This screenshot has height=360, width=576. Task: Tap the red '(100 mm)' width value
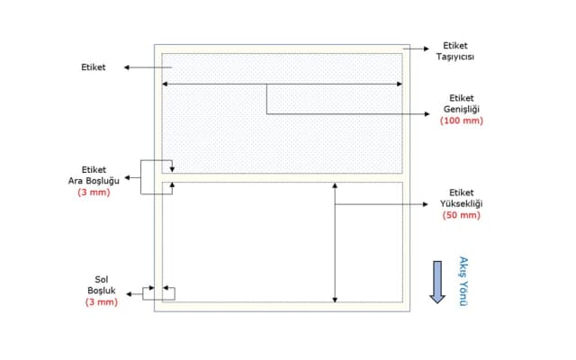click(x=462, y=121)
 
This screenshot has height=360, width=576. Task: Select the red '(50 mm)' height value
click(x=462, y=216)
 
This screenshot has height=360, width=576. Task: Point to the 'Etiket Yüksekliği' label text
click(x=462, y=198)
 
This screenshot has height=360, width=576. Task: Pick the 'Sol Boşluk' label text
click(x=102, y=284)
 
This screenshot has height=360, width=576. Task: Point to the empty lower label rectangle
click(x=252, y=243)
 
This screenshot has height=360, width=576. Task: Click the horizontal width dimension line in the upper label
click(x=216, y=85)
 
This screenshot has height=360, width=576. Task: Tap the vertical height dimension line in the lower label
click(x=335, y=243)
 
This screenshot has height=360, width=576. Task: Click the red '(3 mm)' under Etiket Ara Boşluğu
click(x=94, y=192)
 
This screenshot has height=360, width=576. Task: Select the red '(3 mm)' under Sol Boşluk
click(x=102, y=302)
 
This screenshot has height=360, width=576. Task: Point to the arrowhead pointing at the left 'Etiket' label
click(x=129, y=67)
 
